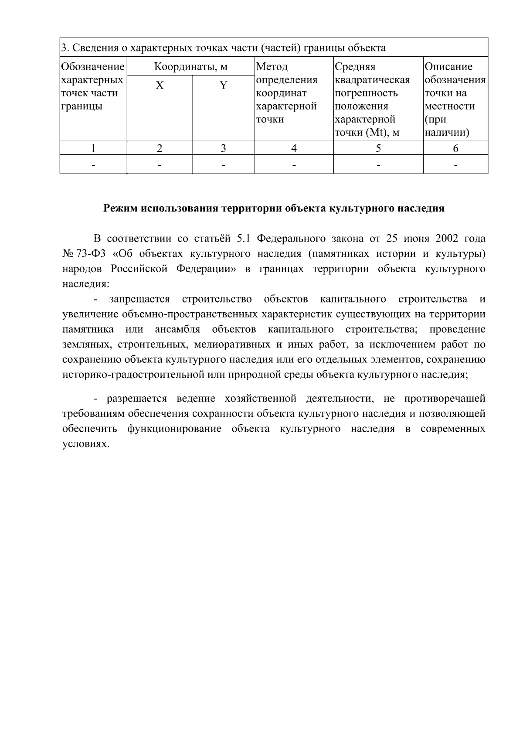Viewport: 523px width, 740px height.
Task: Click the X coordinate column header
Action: coord(160,85)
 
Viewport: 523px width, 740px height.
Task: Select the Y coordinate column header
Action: coord(223,85)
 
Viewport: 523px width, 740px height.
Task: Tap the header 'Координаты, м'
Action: coord(191,67)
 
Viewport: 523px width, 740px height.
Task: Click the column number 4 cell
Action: coord(294,149)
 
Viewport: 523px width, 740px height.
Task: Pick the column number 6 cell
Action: coord(455,149)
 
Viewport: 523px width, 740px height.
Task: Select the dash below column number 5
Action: coord(378,165)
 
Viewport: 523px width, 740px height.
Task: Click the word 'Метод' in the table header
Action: coord(272,67)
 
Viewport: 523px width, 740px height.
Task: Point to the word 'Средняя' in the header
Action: coord(355,67)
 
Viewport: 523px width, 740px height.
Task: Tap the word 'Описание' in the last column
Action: coord(448,67)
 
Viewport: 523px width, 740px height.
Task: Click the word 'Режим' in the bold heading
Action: coord(120,208)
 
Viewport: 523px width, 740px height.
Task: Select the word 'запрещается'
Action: coord(139,300)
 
